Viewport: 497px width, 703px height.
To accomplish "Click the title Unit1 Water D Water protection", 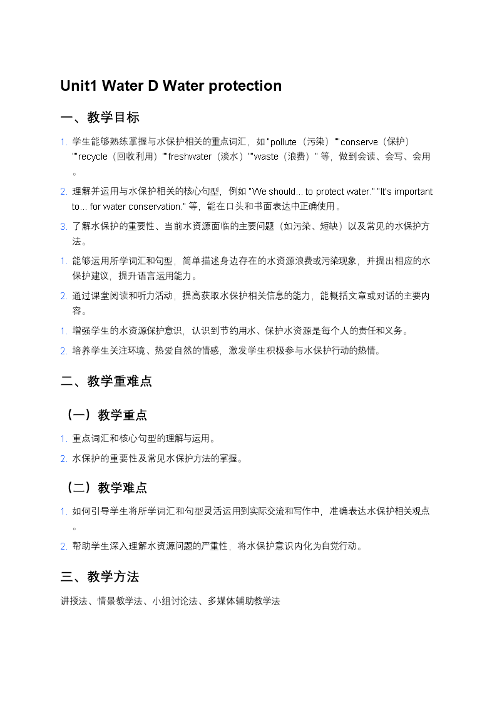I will [x=171, y=86].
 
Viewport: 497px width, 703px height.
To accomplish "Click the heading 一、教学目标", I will [x=100, y=118].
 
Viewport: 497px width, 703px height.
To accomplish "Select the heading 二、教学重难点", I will [x=106, y=381].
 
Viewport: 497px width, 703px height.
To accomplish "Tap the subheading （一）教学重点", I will [x=106, y=414].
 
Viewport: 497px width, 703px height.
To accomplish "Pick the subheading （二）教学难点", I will [x=106, y=487].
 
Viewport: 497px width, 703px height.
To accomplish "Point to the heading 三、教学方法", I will [x=100, y=577].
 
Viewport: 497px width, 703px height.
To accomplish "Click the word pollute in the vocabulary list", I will [x=283, y=142].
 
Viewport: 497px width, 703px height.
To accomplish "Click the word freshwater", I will [x=190, y=157].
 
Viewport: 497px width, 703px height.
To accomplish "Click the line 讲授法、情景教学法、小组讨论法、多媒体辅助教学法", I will [x=170, y=601].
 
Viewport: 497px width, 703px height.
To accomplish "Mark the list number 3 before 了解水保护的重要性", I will [x=63, y=227].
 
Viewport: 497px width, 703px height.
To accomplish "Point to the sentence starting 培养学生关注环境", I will [x=225, y=351].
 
